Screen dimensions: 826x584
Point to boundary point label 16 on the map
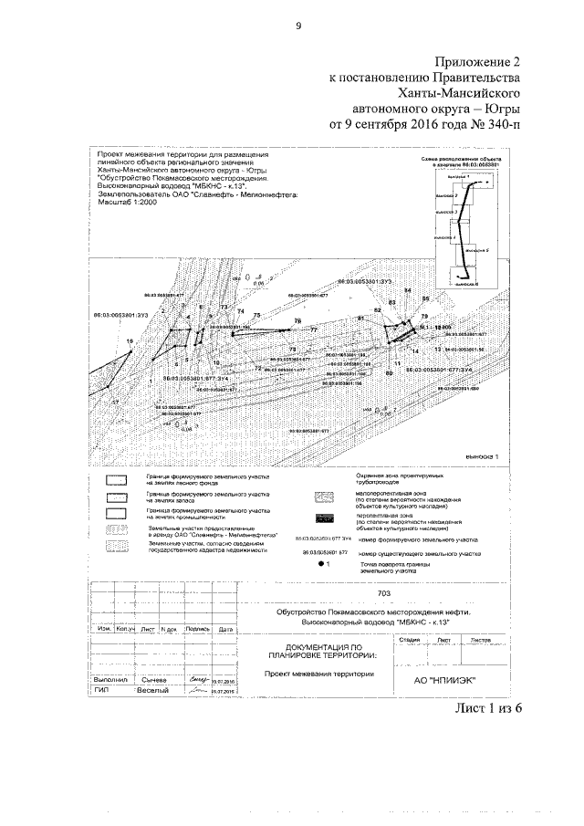point(130,340)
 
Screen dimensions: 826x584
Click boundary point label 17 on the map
point(116,402)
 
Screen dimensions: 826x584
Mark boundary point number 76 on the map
point(297,321)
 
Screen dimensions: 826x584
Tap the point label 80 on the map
point(389,372)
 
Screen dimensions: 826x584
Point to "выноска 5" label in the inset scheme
point(479,248)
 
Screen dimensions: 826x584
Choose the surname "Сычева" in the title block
point(151,681)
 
